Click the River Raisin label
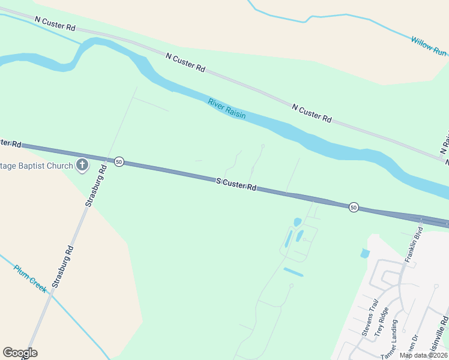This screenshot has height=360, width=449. tap(227, 108)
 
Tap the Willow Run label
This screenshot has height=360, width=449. tap(429, 46)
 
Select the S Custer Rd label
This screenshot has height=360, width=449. tap(237, 184)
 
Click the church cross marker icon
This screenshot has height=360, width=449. tap(82, 166)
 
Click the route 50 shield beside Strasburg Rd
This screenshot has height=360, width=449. tap(119, 162)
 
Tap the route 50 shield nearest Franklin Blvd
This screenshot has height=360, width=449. tap(354, 207)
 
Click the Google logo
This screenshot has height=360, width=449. tap(20, 353)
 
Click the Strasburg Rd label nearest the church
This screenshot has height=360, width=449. tap(95, 187)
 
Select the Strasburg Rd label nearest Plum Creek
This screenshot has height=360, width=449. tap(62, 266)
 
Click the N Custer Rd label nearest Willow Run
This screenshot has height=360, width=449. tap(312, 113)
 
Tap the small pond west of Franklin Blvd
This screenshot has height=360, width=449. tap(365, 253)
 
